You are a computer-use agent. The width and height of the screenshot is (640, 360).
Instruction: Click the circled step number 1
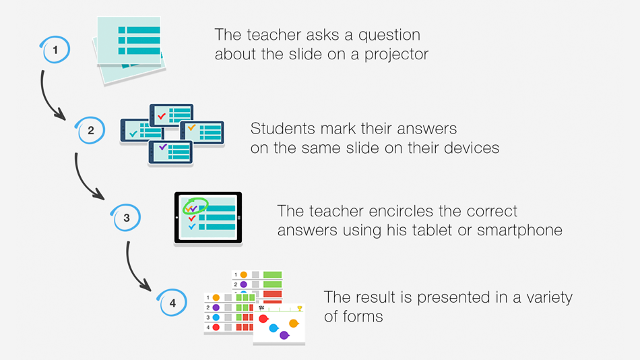coord(55,50)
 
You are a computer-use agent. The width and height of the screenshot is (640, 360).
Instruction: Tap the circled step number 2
coord(90,130)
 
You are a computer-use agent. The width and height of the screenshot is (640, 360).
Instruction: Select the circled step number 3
coord(126,218)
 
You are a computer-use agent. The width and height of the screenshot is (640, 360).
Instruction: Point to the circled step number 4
coord(172,303)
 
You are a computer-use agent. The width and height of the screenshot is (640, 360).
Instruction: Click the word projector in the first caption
coord(396,55)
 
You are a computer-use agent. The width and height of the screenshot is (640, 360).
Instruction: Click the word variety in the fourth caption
coord(549,298)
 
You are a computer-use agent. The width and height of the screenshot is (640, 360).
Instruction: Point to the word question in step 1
coord(389,36)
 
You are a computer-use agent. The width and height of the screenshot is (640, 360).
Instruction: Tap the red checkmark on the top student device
coord(162,116)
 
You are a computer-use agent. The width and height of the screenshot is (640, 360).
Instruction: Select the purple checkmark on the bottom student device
coord(163,147)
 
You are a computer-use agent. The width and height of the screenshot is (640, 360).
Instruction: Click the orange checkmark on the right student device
coord(191,128)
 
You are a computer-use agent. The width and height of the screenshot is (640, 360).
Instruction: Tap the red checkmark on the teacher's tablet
coord(191,218)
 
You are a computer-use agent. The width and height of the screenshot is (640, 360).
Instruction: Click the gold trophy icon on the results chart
coord(300,309)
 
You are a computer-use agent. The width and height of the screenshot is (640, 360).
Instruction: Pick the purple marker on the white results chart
coord(284,336)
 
